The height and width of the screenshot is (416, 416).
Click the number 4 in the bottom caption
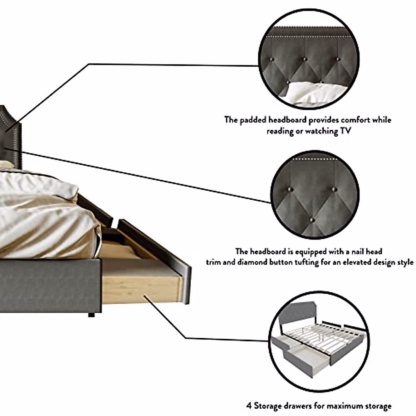(249, 406)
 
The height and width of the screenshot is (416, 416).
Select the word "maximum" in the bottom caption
(347, 406)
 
